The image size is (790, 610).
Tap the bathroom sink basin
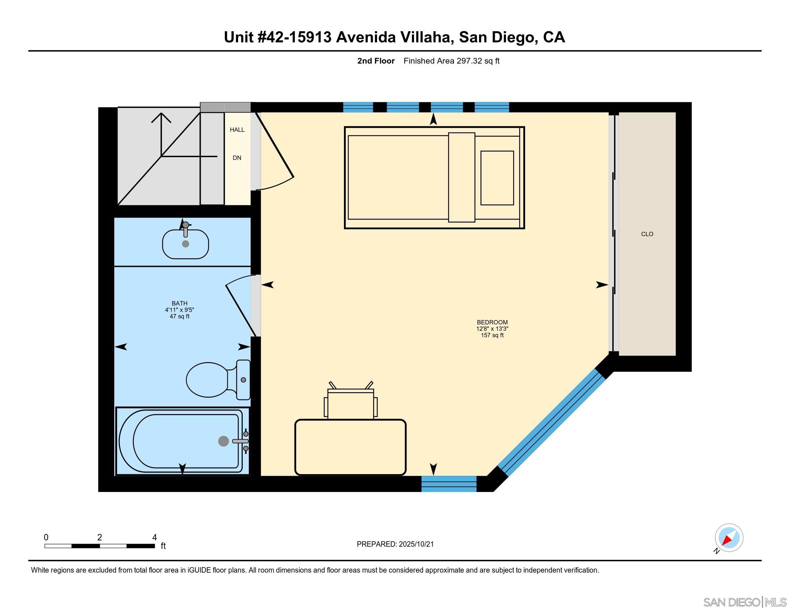(x=186, y=244)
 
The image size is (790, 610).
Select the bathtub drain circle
(x=224, y=441)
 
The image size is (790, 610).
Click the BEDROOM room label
(x=492, y=322)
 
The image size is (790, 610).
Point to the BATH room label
(x=180, y=304)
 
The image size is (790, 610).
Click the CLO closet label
(x=647, y=234)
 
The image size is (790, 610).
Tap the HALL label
(x=237, y=130)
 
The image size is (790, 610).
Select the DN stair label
(x=237, y=158)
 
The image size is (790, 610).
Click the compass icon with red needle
(x=729, y=538)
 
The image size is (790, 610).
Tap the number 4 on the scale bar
(x=154, y=538)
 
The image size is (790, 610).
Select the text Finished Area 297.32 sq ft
(x=451, y=61)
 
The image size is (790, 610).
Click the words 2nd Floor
(x=376, y=61)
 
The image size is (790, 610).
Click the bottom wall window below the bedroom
(x=449, y=484)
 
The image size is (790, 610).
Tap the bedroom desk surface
(x=350, y=447)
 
